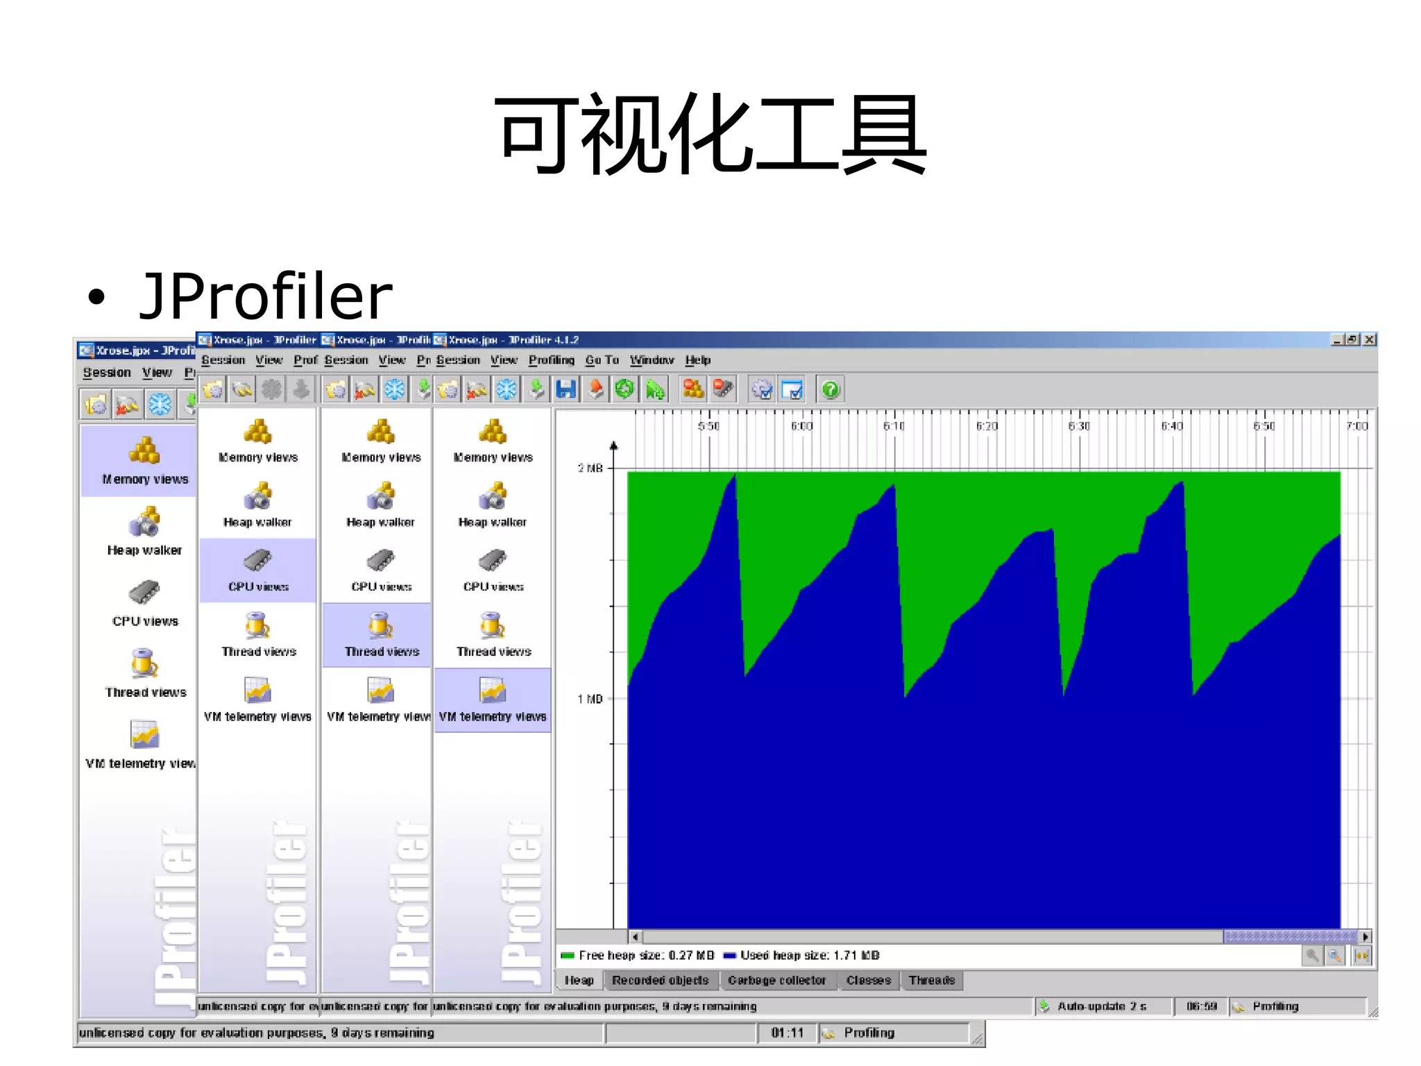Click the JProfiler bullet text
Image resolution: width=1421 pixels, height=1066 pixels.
pos(266,297)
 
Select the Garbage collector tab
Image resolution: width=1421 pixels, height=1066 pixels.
pos(776,980)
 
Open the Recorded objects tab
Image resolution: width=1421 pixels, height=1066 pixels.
pos(660,980)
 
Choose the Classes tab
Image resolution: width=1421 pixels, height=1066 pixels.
pos(868,980)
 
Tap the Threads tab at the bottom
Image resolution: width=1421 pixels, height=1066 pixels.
pos(931,980)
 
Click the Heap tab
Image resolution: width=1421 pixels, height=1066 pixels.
pos(579,980)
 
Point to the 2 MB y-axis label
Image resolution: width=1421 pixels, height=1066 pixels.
pos(590,468)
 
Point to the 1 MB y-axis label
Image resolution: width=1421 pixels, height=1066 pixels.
pos(590,699)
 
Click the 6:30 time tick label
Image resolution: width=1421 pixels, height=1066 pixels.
pos(1079,426)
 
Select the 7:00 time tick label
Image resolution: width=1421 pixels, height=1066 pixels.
pos(1357,426)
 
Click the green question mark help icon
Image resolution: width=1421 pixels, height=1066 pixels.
pos(831,390)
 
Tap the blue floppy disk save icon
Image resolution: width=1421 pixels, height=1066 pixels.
pos(565,390)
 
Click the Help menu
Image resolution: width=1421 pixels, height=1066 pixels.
pos(697,360)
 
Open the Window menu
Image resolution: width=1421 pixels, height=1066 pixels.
pos(652,360)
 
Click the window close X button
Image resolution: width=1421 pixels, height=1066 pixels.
pos(1369,339)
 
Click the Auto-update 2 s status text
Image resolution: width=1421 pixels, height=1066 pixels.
pos(1101,1006)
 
